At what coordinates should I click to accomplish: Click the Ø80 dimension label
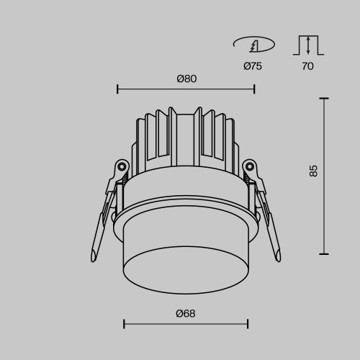coord(186,78)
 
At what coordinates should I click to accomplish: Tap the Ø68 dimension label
coord(185,313)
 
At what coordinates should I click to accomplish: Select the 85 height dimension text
coord(312,171)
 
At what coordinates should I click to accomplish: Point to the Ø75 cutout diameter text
coord(253,66)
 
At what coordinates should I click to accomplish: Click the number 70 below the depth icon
coord(307,66)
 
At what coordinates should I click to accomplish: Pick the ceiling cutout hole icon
coord(253,45)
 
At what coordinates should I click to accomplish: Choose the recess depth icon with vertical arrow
coord(307,45)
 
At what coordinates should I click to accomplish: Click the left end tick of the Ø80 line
coord(117,89)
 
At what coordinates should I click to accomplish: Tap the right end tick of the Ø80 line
coord(254,89)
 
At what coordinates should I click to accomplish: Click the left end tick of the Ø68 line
coord(124,324)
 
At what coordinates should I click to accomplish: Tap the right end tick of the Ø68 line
coord(246,324)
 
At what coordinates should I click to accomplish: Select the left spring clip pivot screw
coord(122,167)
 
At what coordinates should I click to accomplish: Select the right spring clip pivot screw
coord(249,167)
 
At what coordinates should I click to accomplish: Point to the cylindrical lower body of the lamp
coord(185,252)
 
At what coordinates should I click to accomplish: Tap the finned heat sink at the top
coord(185,137)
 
